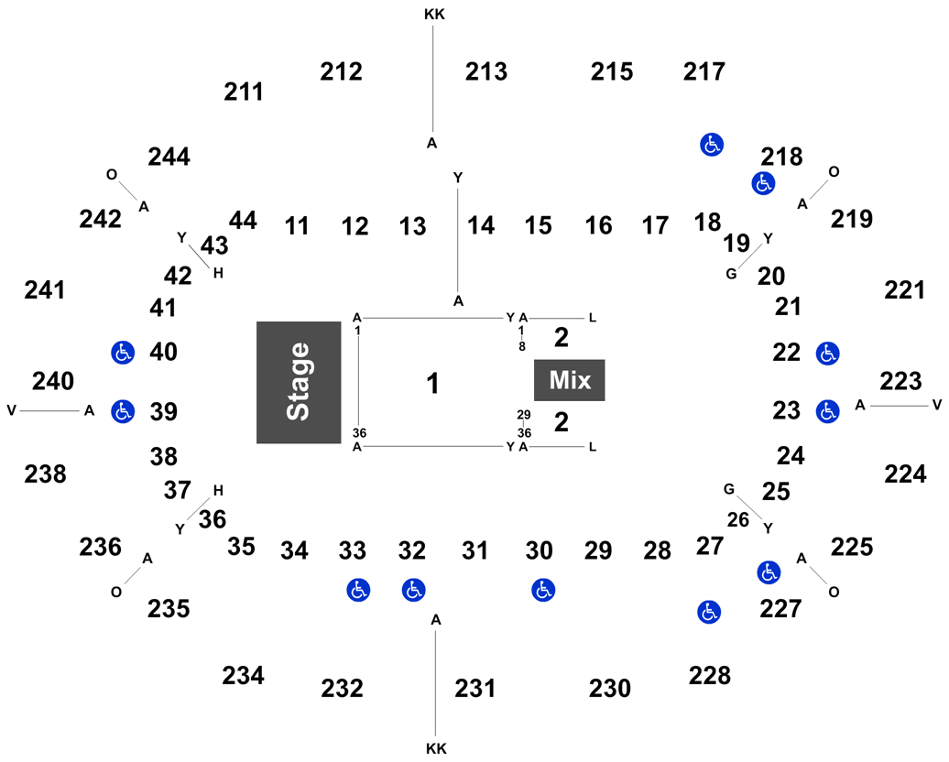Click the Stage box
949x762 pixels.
click(299, 383)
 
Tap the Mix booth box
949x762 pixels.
click(569, 380)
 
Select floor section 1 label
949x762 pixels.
click(432, 383)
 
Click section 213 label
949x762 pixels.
click(486, 71)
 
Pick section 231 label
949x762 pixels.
click(475, 688)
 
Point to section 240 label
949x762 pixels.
click(53, 381)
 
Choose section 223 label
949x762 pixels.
click(900, 381)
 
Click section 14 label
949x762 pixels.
click(481, 225)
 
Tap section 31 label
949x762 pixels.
click(474, 550)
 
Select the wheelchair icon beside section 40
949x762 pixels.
click(123, 353)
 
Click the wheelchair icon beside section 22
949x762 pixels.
click(827, 354)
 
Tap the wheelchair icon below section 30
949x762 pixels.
click(543, 590)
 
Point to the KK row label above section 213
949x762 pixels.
click(434, 14)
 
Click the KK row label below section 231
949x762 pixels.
click(436, 748)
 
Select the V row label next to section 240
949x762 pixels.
click(12, 411)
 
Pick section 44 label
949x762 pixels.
click(243, 220)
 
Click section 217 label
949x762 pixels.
click(704, 71)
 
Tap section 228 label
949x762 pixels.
click(709, 675)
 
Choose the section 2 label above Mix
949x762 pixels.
click(561, 338)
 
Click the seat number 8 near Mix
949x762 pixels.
click(522, 347)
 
